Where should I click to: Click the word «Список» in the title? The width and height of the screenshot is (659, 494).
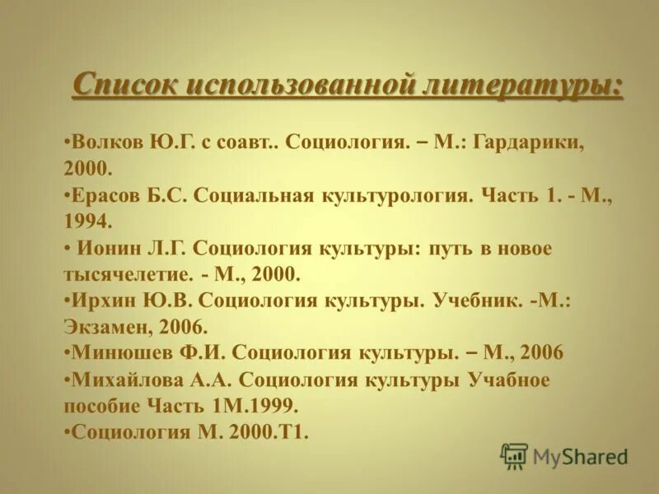tap(124, 85)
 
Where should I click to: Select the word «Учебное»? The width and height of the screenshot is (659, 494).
tap(509, 380)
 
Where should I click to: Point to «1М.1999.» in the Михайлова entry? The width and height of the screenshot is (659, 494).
tap(255, 407)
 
